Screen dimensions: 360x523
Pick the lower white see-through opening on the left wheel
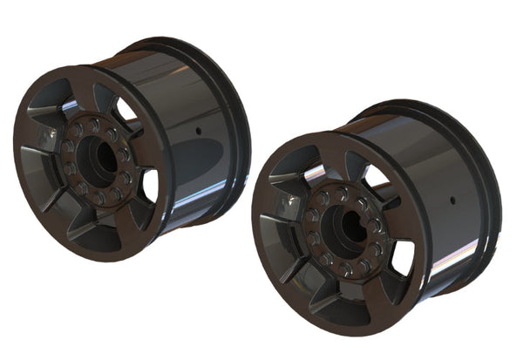[149, 185]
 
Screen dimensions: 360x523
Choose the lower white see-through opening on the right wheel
[402, 258]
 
